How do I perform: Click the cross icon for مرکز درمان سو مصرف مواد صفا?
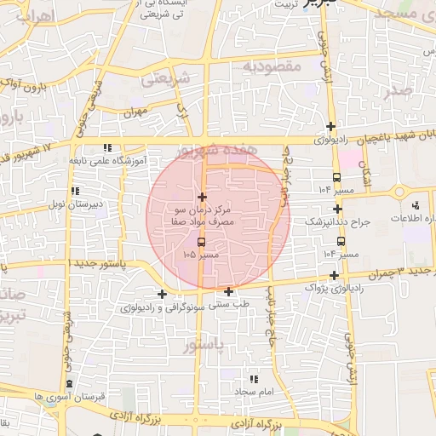coord(201,198)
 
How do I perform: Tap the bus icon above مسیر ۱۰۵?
coord(201,241)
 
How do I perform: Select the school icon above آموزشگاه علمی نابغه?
coord(106,146)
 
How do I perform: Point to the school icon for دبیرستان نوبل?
coord(76,191)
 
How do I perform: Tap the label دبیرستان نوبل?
coord(73,204)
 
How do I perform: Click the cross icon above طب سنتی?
coord(229,291)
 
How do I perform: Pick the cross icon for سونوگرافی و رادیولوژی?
coord(162,294)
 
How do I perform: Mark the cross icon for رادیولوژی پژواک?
coord(335,275)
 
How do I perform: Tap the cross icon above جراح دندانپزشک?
coord(338,209)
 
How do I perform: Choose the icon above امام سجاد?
coord(253,378)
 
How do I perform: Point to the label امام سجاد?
coord(253,391)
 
